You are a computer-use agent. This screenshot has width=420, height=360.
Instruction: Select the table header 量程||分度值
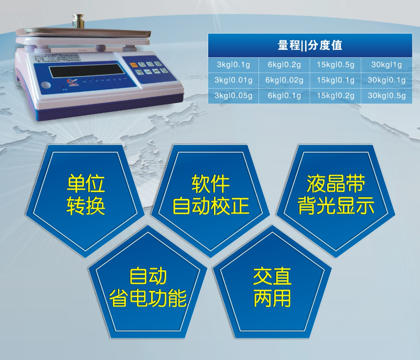[x=310, y=46]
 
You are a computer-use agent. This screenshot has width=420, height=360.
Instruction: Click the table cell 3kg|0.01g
[x=233, y=80]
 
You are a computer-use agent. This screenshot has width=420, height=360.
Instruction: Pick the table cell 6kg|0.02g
[x=284, y=80]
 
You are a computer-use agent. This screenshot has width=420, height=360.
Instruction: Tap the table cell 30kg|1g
[x=386, y=65]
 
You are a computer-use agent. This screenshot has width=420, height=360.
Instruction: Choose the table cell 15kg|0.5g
[x=336, y=65]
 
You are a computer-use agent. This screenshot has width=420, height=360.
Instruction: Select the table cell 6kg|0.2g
[x=284, y=65]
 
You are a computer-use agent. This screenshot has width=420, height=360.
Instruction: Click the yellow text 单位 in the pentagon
[x=86, y=184]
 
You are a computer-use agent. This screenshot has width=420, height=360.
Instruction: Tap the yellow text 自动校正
[x=211, y=206]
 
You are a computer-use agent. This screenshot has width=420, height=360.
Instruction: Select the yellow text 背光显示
[x=336, y=206]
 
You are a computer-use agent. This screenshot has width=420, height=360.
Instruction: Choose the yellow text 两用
[x=272, y=298]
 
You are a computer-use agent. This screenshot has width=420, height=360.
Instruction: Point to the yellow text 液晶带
[x=336, y=184]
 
